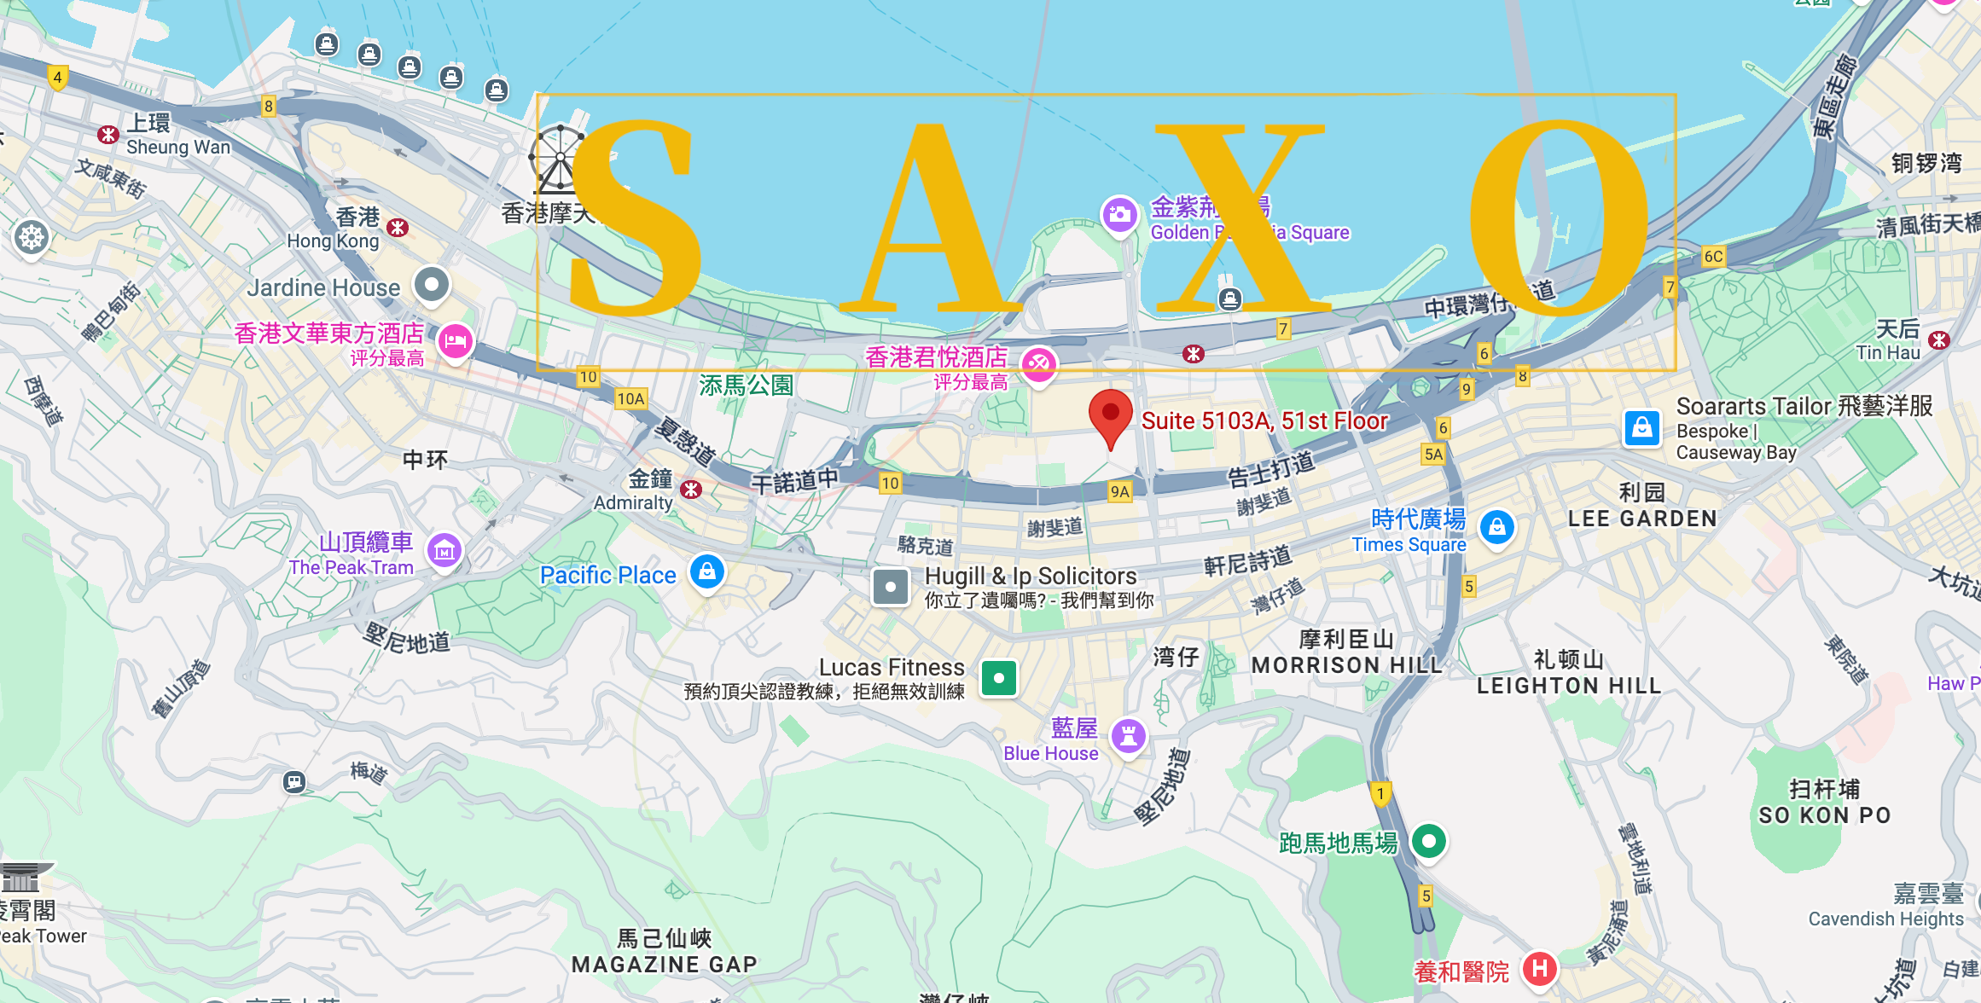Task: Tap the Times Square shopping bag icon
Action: tap(1496, 527)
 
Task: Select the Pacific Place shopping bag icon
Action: tap(707, 571)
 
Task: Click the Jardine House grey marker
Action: tap(432, 284)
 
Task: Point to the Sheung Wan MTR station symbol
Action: tap(107, 135)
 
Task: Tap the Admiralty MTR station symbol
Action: tap(691, 489)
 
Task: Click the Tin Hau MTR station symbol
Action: tap(1939, 340)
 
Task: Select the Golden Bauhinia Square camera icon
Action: tap(1119, 214)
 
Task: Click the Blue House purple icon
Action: tap(1129, 735)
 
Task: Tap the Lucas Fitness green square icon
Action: tap(998, 678)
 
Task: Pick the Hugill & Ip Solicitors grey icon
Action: tap(890, 587)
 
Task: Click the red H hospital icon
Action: tap(1539, 968)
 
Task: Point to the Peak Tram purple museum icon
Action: tap(444, 551)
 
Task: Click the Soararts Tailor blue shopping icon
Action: tap(1642, 427)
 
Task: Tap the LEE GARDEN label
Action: tap(1642, 518)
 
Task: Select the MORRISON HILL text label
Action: tap(1346, 664)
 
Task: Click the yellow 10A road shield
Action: tap(630, 398)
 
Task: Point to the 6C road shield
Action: tap(1713, 257)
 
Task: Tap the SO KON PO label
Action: tap(1825, 815)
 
